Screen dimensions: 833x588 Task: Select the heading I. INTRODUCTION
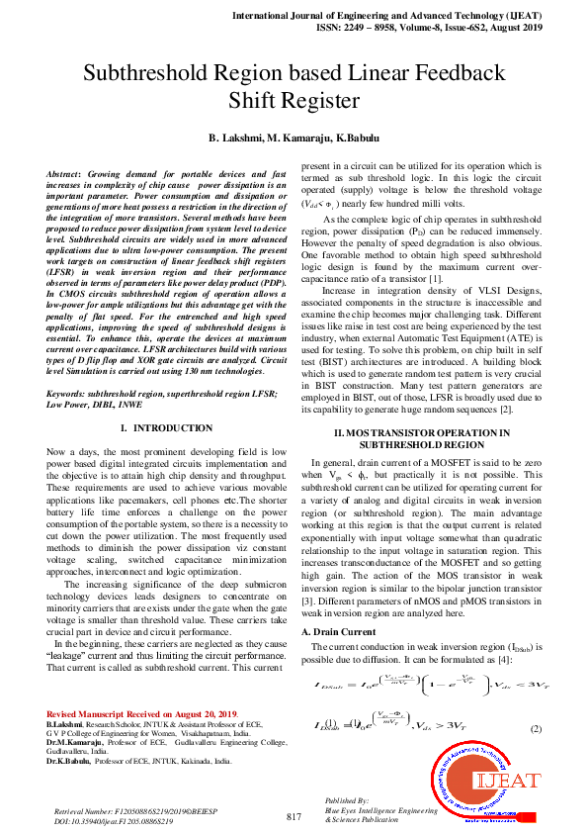165,427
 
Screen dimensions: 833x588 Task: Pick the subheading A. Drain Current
340,630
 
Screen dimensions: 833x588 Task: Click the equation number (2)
536,728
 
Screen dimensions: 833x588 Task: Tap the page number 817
294,816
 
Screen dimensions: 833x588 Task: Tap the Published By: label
347,798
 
